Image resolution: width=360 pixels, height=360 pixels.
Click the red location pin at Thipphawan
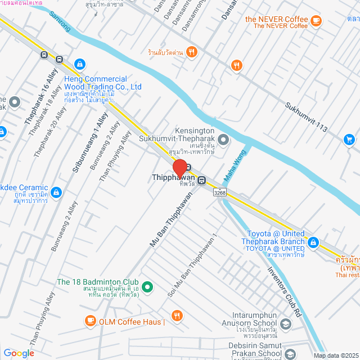[180, 168]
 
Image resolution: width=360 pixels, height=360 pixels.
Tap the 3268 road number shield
[220, 192]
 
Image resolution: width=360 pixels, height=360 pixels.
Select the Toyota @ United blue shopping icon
[313, 243]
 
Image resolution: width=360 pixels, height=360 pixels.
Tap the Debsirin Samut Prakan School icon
[290, 353]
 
